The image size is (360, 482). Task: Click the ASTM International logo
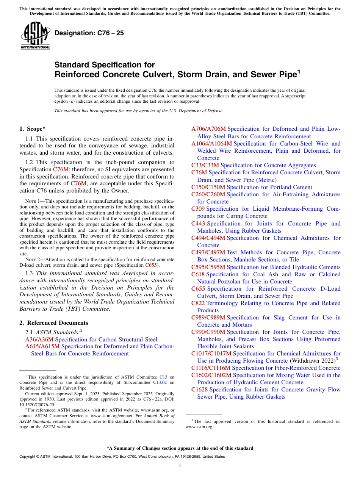point(35,36)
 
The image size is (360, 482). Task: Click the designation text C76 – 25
point(89,33)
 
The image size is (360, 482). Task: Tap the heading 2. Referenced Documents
point(54,323)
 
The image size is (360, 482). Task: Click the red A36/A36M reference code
point(39,339)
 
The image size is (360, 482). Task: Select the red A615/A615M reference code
point(42,346)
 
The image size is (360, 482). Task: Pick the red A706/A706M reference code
point(208,129)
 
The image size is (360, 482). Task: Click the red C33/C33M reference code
point(205,165)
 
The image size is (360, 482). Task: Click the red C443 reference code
point(198,224)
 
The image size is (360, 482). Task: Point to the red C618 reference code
point(198,274)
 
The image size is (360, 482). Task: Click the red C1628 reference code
point(200,390)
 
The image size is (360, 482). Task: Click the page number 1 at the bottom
point(180,465)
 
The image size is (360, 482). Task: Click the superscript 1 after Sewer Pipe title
point(299,71)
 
